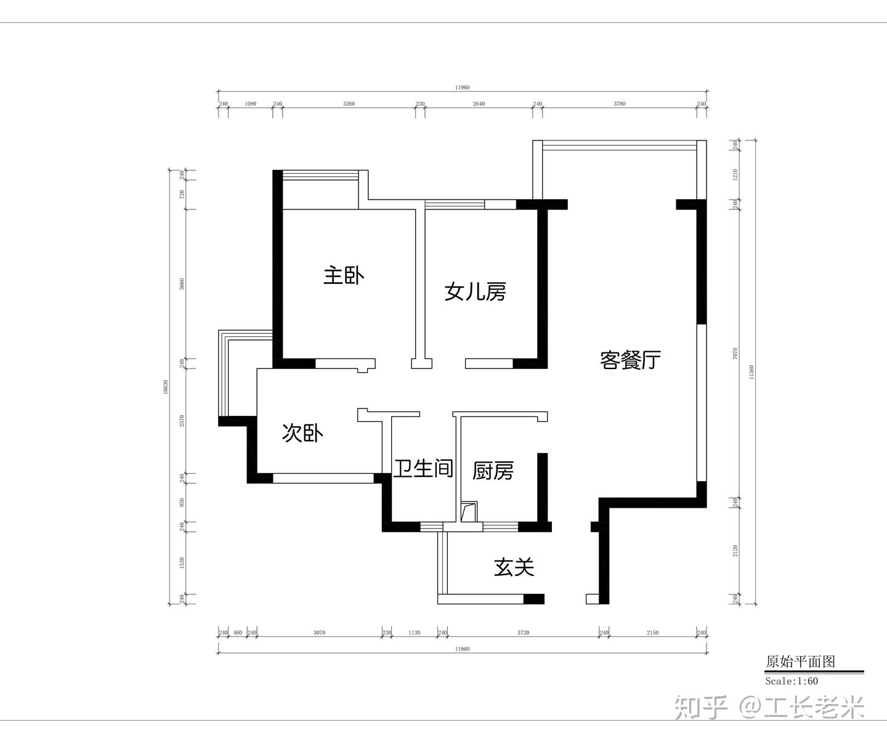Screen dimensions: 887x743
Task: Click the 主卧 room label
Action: [344, 276]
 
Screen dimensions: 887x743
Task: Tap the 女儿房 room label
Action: [476, 292]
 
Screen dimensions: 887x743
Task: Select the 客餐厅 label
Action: [630, 360]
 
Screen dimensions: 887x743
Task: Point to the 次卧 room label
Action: [302, 433]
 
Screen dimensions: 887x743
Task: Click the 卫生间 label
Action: [423, 469]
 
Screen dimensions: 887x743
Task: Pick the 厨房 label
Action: [493, 471]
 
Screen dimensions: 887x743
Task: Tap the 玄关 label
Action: [514, 567]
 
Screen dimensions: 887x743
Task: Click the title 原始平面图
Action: [800, 662]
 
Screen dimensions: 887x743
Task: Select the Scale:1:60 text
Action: [792, 681]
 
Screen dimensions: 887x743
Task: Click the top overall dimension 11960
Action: [462, 87]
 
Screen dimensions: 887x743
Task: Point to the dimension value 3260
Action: [349, 104]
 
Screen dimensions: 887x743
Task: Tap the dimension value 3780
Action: [620, 104]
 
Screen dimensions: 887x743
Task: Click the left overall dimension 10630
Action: [166, 387]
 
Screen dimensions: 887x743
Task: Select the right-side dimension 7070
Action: [735, 354]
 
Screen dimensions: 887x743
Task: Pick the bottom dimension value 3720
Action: [523, 633]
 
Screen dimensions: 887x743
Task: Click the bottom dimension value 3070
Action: [319, 633]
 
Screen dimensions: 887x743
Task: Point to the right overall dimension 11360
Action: [751, 372]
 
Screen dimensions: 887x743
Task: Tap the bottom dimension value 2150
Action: [652, 633]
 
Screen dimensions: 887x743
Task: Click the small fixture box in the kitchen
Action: [469, 512]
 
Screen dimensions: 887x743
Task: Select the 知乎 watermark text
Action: [701, 707]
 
